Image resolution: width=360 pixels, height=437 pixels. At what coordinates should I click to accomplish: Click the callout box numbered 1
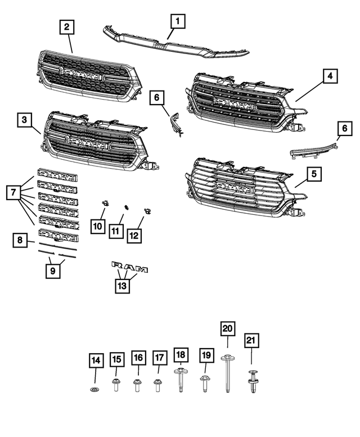[178, 22]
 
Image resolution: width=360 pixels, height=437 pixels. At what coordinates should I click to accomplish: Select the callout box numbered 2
[67, 26]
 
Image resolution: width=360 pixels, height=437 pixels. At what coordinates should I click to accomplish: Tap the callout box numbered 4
[330, 75]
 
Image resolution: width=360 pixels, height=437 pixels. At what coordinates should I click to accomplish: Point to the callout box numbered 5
[314, 174]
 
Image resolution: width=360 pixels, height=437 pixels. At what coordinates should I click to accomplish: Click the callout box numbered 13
[122, 286]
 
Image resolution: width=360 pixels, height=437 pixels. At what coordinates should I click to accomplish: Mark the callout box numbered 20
[227, 328]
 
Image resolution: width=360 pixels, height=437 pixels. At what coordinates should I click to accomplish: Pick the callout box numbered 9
[54, 272]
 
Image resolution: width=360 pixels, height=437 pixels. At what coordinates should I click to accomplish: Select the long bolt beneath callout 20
[227, 373]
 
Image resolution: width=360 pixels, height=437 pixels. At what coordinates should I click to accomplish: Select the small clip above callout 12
[147, 210]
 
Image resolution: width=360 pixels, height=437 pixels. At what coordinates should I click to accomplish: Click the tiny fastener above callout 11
[127, 206]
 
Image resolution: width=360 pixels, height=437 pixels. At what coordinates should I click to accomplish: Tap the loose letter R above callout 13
[117, 264]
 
